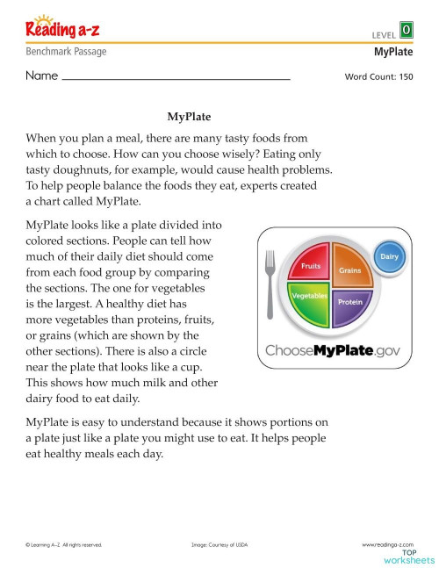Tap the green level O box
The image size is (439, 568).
(406, 30)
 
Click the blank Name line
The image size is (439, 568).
(176, 77)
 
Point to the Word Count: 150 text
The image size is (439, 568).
(378, 76)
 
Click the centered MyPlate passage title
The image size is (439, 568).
(189, 116)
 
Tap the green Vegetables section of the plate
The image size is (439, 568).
(308, 299)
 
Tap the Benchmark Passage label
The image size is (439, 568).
(67, 52)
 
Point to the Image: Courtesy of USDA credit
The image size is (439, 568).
(219, 545)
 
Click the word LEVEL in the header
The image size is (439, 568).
(384, 34)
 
